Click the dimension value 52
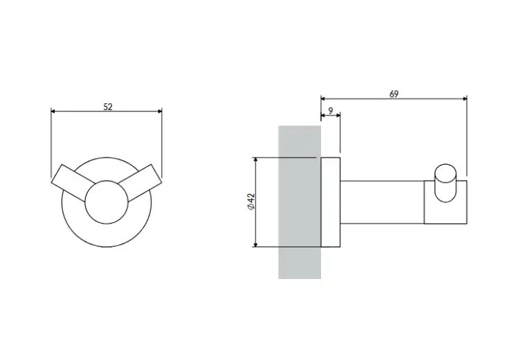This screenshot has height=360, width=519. coord(108,107)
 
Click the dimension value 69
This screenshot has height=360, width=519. coord(394,94)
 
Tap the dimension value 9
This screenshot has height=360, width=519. coord(331,111)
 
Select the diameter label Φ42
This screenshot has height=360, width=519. coord(251,201)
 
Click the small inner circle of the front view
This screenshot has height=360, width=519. coord(107,202)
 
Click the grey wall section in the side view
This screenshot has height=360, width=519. coord(300,202)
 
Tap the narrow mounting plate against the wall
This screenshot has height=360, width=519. coord(331,202)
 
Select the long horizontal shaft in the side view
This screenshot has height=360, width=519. coord(382,202)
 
